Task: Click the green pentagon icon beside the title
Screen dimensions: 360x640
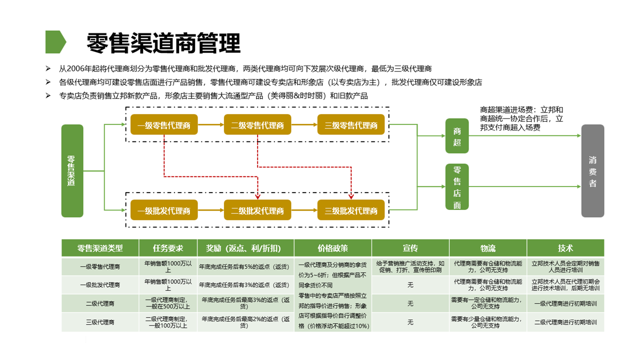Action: click(x=55, y=42)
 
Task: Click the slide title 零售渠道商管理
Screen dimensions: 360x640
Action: click(x=163, y=43)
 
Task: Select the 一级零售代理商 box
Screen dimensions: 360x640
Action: click(x=164, y=125)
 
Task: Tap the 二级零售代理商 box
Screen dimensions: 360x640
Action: click(x=257, y=125)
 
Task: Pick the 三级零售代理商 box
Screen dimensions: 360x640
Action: click(x=351, y=125)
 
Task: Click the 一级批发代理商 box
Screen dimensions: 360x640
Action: click(x=164, y=210)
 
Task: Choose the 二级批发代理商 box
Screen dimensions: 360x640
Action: click(x=257, y=210)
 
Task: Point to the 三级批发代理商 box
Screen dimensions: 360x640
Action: click(x=351, y=210)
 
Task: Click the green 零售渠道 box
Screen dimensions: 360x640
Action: click(x=72, y=171)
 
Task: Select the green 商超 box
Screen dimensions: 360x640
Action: click(x=457, y=136)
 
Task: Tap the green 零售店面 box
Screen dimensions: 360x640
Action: click(x=457, y=187)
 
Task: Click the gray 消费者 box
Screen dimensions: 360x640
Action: click(x=592, y=171)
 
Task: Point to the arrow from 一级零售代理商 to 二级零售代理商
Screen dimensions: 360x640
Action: click(x=210, y=125)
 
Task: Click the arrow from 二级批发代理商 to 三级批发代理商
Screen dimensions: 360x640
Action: click(x=304, y=210)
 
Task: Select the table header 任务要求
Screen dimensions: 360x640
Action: click(x=168, y=248)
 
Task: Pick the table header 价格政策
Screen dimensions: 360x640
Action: click(x=332, y=248)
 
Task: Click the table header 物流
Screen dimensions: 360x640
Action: click(x=487, y=248)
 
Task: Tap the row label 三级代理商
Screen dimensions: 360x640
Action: click(x=100, y=322)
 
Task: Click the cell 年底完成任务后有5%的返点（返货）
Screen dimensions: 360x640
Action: click(x=245, y=267)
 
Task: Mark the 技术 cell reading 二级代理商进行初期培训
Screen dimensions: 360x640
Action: click(x=565, y=322)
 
